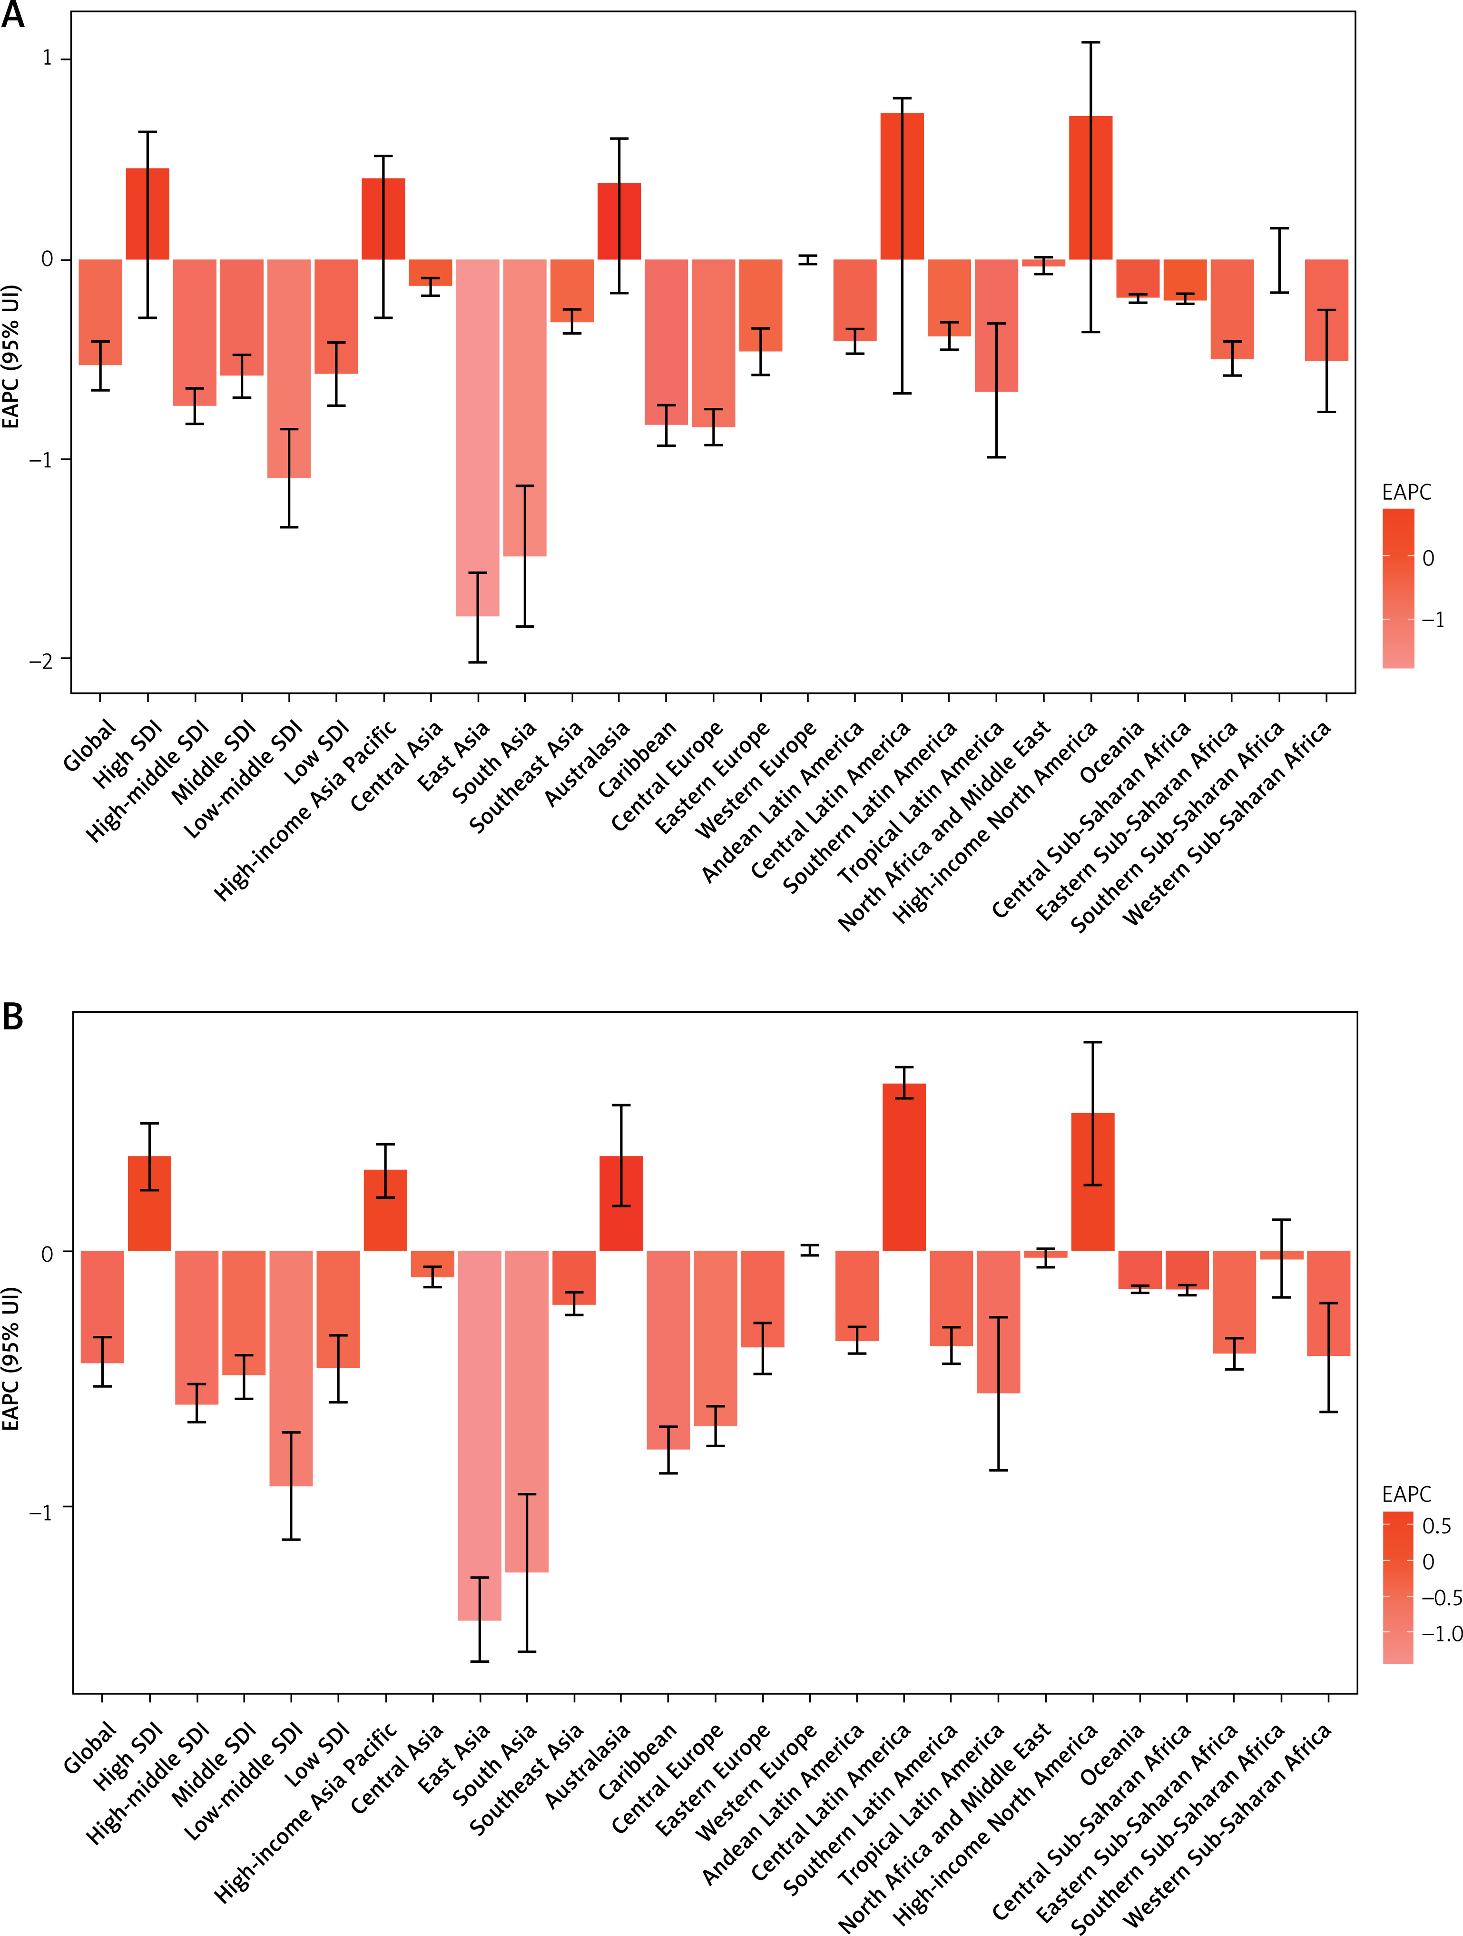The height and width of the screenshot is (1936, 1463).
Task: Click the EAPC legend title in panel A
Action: [x=1406, y=492]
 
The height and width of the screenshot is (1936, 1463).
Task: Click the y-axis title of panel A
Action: [x=10, y=357]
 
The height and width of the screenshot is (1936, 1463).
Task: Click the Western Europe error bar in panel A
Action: [x=808, y=259]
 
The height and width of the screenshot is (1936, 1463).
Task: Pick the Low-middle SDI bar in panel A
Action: [x=289, y=367]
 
